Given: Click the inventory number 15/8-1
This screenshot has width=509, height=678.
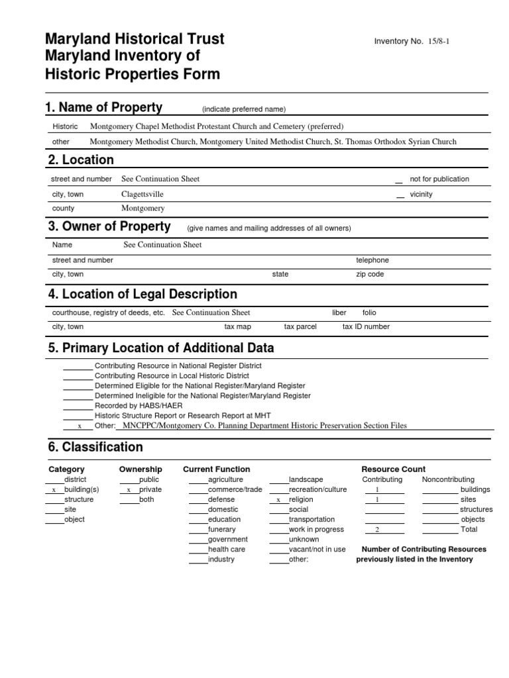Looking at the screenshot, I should point(443,41).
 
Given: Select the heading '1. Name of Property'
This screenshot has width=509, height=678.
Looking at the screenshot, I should point(103,108).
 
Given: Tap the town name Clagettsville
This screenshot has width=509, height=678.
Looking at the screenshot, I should point(142,195).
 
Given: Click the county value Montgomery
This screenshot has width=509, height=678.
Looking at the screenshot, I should point(142,208).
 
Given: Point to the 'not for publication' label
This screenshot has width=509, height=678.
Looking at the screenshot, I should point(439,179).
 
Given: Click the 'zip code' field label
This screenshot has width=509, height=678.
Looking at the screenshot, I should point(370,274).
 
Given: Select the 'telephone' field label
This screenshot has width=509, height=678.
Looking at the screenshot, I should point(372,260).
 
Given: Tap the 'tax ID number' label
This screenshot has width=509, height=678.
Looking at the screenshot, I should point(366,326).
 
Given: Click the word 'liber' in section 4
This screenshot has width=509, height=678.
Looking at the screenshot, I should point(339,313).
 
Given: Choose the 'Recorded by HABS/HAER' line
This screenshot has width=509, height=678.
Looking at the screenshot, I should point(139,405).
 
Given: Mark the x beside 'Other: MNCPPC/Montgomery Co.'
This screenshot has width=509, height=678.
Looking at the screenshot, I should point(80,426).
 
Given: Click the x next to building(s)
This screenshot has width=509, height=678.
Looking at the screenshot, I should point(53,490).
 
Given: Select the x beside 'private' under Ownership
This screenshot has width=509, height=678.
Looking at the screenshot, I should point(128,490).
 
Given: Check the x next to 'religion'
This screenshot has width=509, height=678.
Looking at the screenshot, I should point(278,500).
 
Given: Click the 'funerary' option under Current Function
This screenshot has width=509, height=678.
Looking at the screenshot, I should point(221,529).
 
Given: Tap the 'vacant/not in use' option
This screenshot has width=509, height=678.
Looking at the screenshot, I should point(317,549).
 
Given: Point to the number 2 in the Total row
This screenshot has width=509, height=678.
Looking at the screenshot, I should point(376,530).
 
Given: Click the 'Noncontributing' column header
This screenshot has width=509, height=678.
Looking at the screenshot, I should point(448,479).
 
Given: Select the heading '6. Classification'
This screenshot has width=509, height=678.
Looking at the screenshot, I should point(95,447).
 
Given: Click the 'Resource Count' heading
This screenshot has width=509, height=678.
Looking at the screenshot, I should point(394,469).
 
